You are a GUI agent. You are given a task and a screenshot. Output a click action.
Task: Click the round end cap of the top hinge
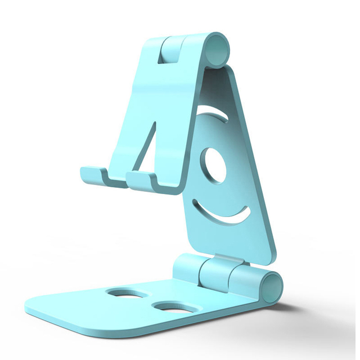pyautogui.click(x=217, y=49)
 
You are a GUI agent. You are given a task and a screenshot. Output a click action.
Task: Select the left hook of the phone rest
pyautogui.click(x=93, y=175)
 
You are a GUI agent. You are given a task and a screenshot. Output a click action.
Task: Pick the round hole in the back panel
pyautogui.click(x=213, y=166)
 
